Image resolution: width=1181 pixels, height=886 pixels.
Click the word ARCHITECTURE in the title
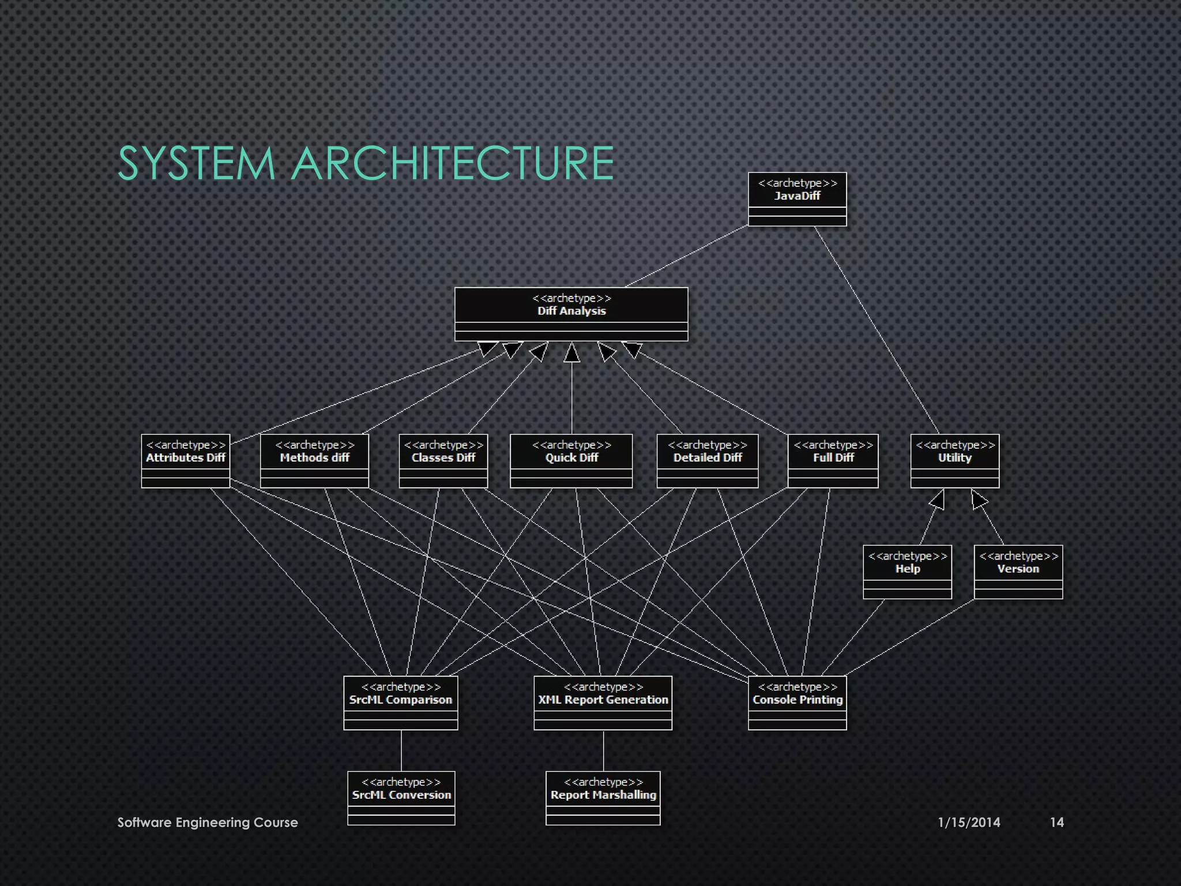(453, 163)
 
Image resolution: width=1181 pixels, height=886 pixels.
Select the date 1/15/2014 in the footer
(969, 823)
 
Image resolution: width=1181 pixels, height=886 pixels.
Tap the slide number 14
(1056, 823)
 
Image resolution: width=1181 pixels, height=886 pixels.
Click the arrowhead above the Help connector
(938, 500)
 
